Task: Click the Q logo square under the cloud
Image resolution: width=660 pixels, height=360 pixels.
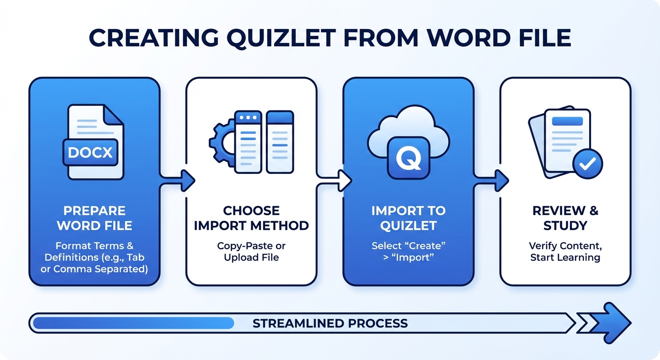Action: tap(408, 158)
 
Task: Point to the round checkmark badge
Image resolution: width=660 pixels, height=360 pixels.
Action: tap(587, 164)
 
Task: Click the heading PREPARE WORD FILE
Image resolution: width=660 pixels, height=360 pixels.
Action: tap(94, 218)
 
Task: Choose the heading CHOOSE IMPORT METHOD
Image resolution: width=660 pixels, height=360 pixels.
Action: tap(251, 218)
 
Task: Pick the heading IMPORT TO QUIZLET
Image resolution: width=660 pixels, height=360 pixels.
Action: tap(408, 218)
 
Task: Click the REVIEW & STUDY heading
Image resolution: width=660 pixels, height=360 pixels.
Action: tap(565, 218)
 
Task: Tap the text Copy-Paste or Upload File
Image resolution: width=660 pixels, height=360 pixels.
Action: tap(251, 252)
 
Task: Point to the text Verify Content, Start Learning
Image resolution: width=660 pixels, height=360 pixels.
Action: tap(565, 252)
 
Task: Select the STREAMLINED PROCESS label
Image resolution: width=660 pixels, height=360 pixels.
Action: tap(330, 323)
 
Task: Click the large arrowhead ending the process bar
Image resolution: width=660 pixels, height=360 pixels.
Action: tap(614, 323)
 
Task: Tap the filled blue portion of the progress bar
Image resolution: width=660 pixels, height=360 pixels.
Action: tap(134, 323)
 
